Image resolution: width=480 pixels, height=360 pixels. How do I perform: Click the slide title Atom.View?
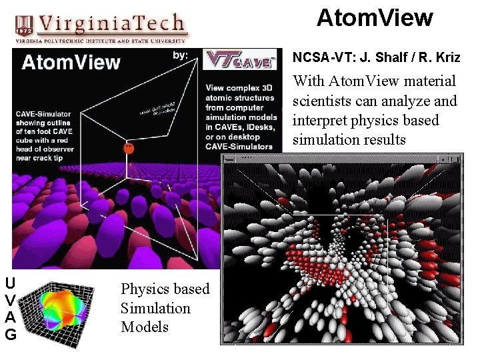(375, 18)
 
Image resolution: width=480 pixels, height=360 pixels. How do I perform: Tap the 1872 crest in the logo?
(24, 25)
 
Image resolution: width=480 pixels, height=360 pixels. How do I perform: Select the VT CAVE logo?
(239, 60)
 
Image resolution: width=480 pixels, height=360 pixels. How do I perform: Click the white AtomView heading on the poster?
(71, 63)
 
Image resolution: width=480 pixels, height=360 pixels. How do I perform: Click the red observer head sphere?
(129, 149)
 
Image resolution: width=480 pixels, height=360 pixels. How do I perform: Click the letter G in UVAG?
(11, 335)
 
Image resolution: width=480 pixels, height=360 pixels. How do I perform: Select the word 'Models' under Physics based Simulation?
(145, 327)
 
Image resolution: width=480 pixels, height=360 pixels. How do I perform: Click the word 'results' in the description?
(381, 139)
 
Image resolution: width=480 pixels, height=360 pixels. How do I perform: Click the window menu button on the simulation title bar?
(229, 159)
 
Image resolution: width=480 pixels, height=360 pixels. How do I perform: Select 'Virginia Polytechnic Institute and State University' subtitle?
(100, 41)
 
